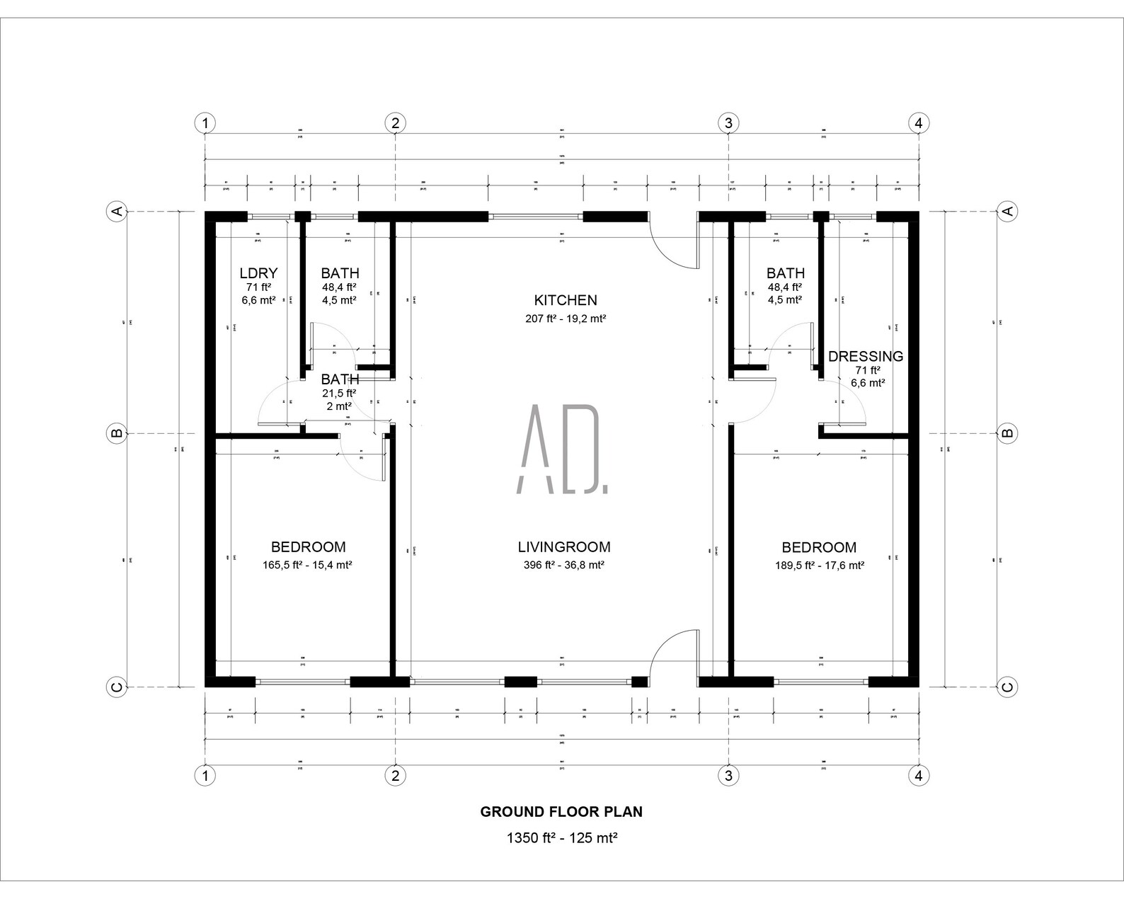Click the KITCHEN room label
565,300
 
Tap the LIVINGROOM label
564,547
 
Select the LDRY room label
258,273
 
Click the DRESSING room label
866,356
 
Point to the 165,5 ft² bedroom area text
308,565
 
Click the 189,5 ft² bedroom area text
819,565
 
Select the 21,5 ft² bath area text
340,394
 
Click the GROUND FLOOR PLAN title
561,812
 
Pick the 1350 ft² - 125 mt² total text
562,838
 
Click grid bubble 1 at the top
205,123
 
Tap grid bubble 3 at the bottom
728,775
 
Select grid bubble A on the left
116,211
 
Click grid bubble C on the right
1007,686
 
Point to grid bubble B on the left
116,433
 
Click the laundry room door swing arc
273,401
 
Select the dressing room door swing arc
851,403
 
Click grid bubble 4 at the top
918,123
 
